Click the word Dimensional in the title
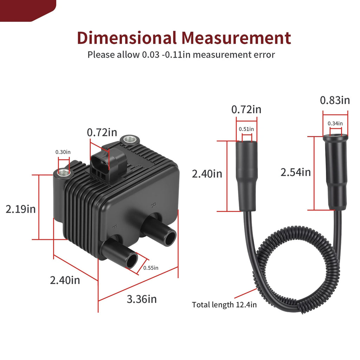(x=127, y=38)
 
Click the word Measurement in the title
(x=236, y=38)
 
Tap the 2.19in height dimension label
(x=21, y=209)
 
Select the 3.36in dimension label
(x=142, y=299)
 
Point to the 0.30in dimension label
(x=63, y=152)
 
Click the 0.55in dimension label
(x=150, y=268)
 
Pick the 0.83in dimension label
(x=335, y=100)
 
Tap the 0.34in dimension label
(x=335, y=123)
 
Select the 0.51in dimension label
(x=246, y=129)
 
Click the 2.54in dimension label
(x=295, y=172)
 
